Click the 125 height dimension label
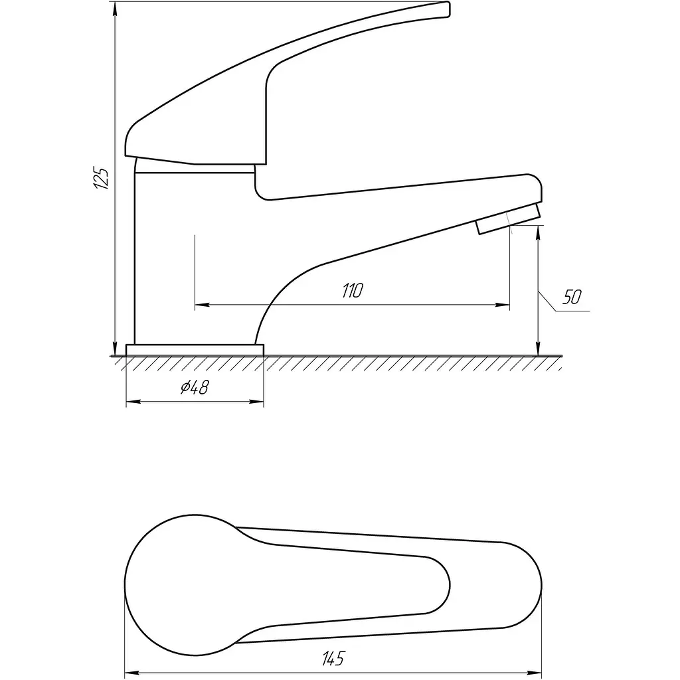click(101, 177)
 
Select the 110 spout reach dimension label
click(352, 290)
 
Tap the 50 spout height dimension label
click(572, 297)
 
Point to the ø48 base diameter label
click(195, 387)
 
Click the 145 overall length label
click(333, 658)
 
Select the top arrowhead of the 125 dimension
click(115, 8)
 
